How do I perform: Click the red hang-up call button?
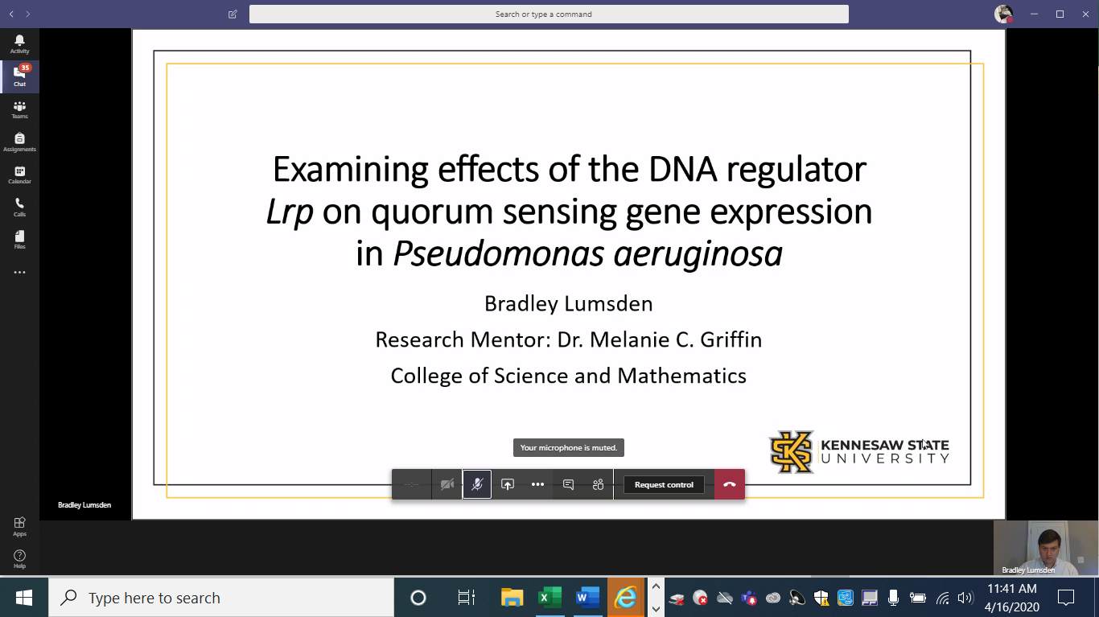pyautogui.click(x=729, y=484)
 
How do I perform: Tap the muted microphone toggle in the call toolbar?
pyautogui.click(x=477, y=484)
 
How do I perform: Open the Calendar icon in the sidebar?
pyautogui.click(x=19, y=175)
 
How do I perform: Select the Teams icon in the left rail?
pyautogui.click(x=19, y=109)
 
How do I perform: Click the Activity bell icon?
pyautogui.click(x=19, y=44)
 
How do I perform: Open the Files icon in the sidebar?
pyautogui.click(x=19, y=240)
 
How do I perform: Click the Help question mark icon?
pyautogui.click(x=19, y=558)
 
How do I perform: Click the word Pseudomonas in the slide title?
pyautogui.click(x=498, y=253)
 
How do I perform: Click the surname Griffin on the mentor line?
pyautogui.click(x=731, y=339)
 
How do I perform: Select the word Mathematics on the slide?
pyautogui.click(x=682, y=376)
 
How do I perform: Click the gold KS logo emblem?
pyautogui.click(x=792, y=452)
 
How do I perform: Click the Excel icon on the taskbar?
pyautogui.click(x=550, y=598)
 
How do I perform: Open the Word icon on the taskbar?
pyautogui.click(x=588, y=598)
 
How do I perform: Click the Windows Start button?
pyautogui.click(x=24, y=598)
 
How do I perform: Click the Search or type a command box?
pyautogui.click(x=549, y=14)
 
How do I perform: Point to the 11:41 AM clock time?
pyautogui.click(x=1011, y=589)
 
